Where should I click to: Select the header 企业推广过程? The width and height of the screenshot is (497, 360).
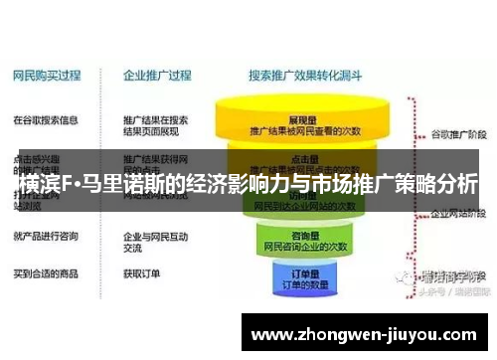pyautogui.click(x=156, y=76)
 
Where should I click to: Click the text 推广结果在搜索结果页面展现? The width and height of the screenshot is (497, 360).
pyautogui.click(x=156, y=125)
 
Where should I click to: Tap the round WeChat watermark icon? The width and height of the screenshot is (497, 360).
pyautogui.click(x=404, y=277)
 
